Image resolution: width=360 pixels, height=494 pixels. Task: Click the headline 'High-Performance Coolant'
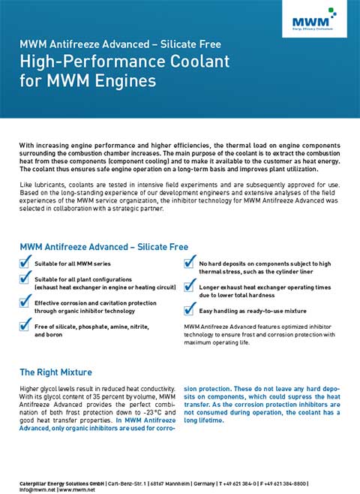[124, 61]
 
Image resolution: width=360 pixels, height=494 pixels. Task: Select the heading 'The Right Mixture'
[55, 372]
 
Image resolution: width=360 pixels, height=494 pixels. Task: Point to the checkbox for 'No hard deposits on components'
[190, 263]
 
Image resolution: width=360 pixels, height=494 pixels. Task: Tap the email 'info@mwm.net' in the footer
[35, 488]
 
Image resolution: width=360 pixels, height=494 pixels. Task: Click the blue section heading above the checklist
[103, 246]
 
